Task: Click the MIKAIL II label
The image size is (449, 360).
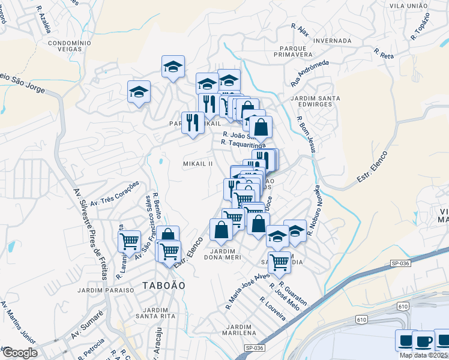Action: click(198, 164)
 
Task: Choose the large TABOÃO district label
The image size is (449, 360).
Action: click(164, 285)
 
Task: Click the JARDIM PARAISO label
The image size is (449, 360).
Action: click(106, 290)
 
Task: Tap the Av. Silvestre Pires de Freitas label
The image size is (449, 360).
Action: click(91, 235)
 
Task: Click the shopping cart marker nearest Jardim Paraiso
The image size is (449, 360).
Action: click(130, 241)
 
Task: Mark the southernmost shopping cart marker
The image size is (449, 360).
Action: click(279, 262)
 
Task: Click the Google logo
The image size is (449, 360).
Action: click(19, 353)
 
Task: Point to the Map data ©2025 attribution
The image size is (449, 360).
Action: click(423, 355)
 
